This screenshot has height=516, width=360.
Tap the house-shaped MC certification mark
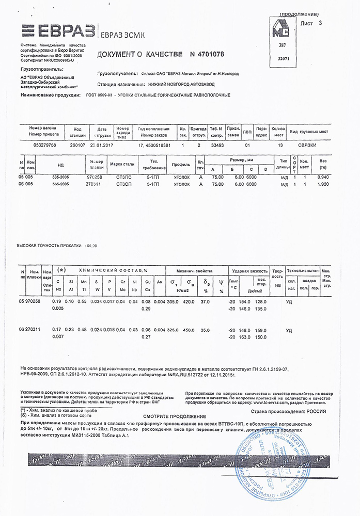[x=281, y=32]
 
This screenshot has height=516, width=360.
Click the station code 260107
[x=77, y=146]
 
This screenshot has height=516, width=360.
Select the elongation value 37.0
[x=205, y=300]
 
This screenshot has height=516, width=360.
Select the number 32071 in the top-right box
[x=284, y=59]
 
